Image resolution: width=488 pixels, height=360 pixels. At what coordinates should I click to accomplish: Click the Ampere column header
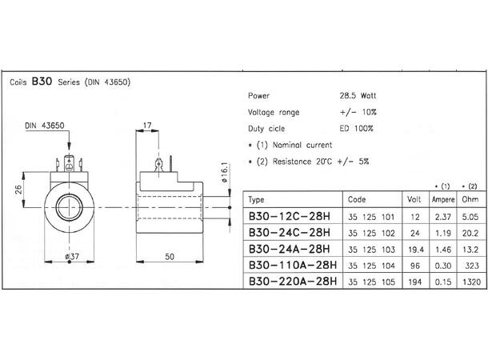[x=443, y=198]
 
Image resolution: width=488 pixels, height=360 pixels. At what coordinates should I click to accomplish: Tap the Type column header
[x=257, y=198]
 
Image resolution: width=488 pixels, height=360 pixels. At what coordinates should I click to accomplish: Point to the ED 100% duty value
[x=357, y=127]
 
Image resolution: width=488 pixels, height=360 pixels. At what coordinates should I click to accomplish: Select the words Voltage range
[x=274, y=111]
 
